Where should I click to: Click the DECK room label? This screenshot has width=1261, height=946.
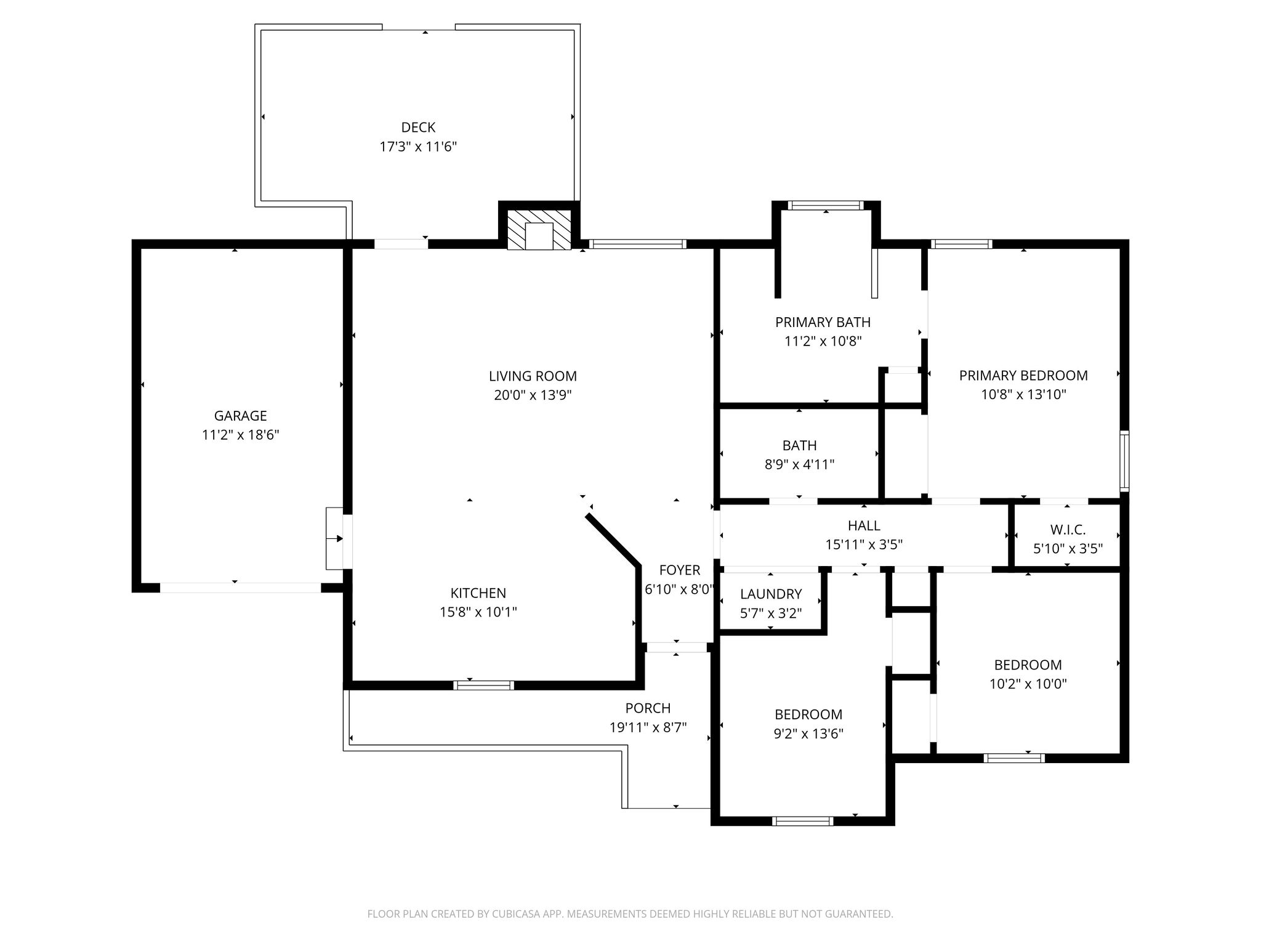[418, 127]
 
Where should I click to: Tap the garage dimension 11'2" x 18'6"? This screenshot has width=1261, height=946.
[241, 435]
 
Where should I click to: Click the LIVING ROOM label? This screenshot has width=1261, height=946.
[533, 376]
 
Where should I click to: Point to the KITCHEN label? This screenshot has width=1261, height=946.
[478, 593]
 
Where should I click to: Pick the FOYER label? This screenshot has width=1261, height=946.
[680, 570]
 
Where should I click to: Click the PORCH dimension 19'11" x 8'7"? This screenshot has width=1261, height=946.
[648, 727]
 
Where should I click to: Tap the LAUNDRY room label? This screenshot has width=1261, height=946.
[771, 594]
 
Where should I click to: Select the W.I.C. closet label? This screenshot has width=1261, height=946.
[1068, 530]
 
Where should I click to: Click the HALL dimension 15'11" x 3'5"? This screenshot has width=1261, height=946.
[864, 544]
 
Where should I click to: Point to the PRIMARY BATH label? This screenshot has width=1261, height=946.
[823, 321]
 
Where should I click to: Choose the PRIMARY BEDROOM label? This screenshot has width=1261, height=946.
[1023, 375]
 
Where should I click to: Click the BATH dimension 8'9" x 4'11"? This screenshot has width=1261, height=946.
[799, 464]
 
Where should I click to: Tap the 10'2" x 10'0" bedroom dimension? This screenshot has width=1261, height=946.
[1028, 684]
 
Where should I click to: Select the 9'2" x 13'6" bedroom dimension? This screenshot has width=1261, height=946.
[808, 734]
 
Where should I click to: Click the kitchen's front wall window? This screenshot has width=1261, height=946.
[484, 685]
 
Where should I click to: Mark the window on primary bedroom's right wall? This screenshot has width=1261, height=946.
[1124, 461]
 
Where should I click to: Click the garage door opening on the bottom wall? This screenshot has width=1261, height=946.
[241, 588]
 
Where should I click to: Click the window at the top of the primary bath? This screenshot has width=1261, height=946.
[826, 206]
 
